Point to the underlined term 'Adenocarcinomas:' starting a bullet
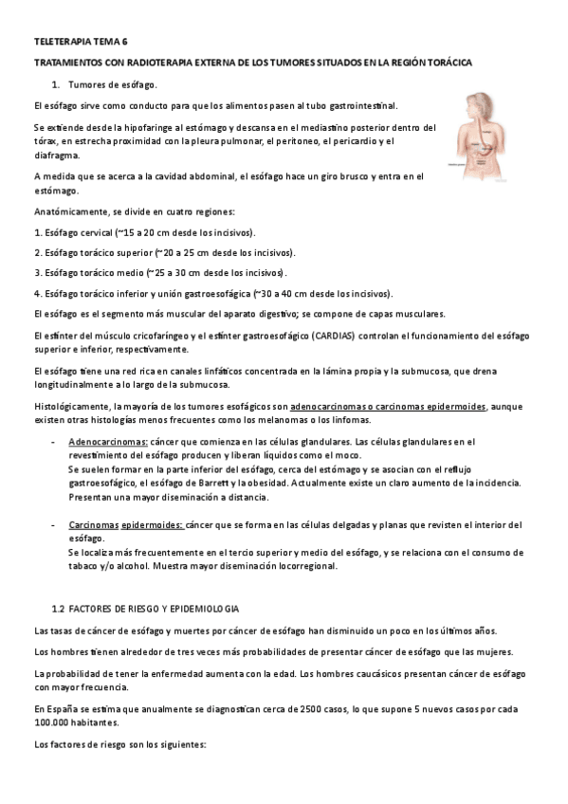(x=107, y=442)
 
